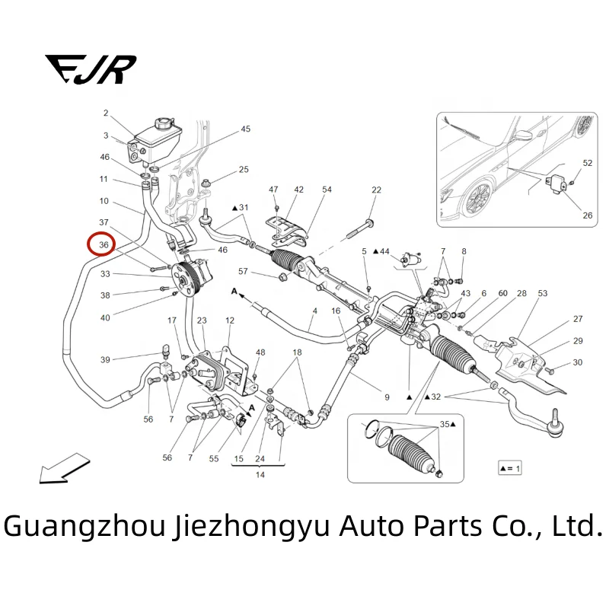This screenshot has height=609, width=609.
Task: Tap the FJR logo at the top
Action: click(x=90, y=69)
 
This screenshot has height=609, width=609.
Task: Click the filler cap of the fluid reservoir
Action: click(x=164, y=123)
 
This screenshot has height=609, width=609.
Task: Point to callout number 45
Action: click(x=245, y=129)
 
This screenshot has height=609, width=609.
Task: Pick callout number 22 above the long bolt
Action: click(x=376, y=190)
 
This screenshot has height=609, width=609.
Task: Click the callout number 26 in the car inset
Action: click(x=587, y=215)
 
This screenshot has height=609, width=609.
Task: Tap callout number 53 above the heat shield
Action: click(x=542, y=293)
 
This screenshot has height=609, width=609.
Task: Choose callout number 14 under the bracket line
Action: click(x=260, y=474)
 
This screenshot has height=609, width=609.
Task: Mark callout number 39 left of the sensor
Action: click(x=105, y=359)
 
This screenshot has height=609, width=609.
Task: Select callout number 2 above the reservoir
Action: click(x=106, y=113)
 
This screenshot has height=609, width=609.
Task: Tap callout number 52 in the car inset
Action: click(x=587, y=163)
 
